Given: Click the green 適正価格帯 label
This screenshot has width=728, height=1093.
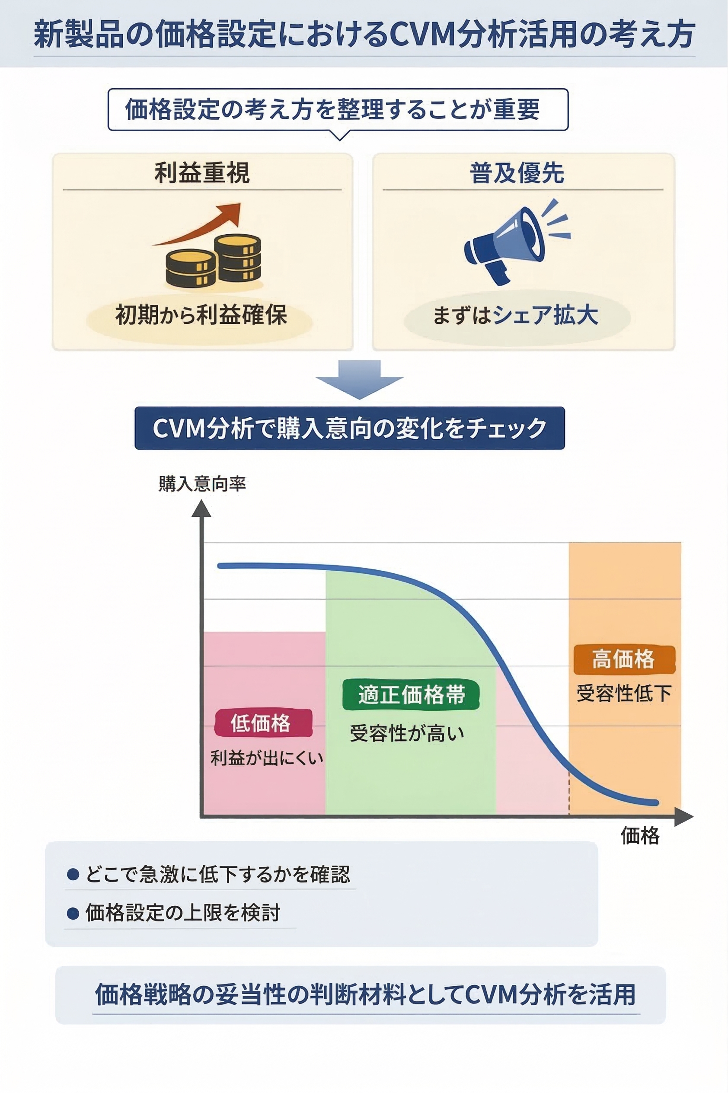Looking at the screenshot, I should (x=411, y=695).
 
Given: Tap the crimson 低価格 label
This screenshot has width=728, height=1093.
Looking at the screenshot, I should (x=262, y=723).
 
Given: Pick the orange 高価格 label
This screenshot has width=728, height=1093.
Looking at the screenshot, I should (x=623, y=659).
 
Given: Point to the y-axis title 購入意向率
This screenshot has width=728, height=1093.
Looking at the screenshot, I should (x=202, y=483).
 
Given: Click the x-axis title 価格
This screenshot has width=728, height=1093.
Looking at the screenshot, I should (x=640, y=836).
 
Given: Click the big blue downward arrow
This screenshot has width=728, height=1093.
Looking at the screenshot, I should (x=359, y=378).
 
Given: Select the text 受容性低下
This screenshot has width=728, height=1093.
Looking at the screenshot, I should (x=623, y=693).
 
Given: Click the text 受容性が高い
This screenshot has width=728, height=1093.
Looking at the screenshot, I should (x=407, y=734).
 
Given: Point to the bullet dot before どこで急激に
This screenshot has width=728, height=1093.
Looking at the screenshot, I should (x=73, y=875).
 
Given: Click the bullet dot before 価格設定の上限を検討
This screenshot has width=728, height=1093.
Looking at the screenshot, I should (x=73, y=913).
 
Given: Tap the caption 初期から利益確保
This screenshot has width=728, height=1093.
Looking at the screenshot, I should (x=201, y=315).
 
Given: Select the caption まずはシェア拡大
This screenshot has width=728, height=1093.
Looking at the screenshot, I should (x=515, y=315).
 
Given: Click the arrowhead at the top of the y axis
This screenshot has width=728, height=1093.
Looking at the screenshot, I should (x=201, y=509).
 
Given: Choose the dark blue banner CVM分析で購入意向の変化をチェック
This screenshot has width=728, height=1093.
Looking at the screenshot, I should (x=349, y=428).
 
